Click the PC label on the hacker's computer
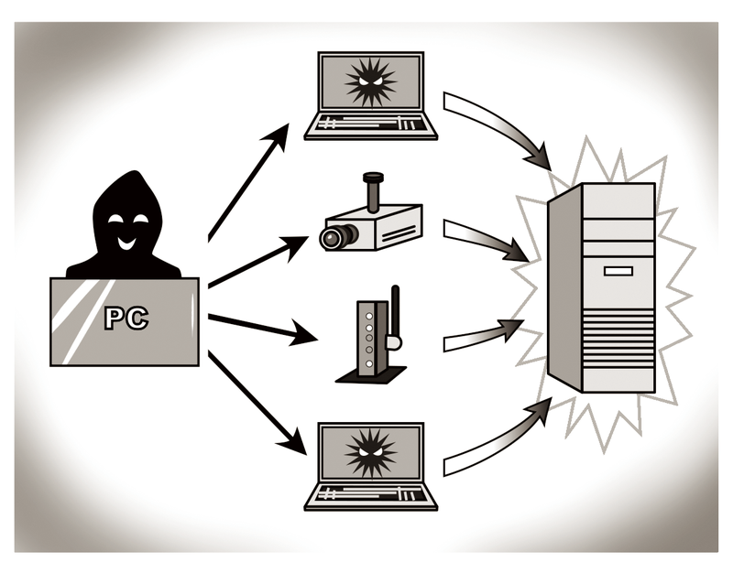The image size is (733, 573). tap(126, 319)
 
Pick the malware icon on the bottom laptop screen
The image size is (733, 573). tap(371, 451)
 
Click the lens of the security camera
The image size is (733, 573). tap(331, 238)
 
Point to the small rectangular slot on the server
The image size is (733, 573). tap(617, 271)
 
